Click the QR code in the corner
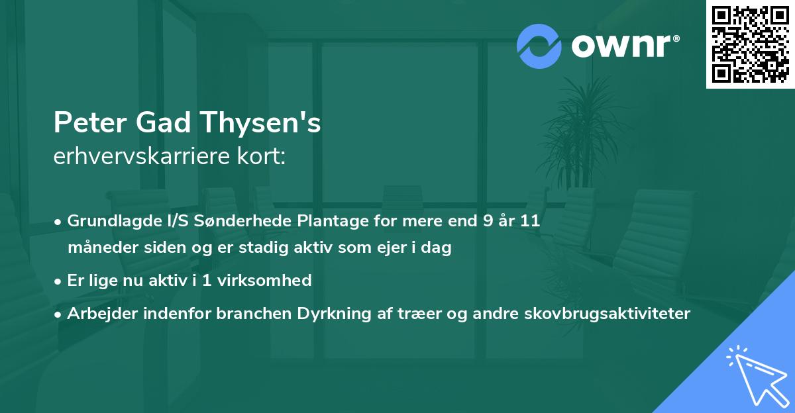(x=750, y=44)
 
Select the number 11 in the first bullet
(x=529, y=221)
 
